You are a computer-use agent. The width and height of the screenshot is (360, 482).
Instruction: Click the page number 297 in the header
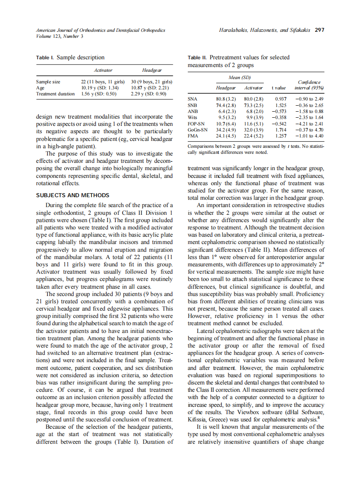click(319, 31)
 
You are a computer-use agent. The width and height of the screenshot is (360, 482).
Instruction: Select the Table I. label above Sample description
click(45, 58)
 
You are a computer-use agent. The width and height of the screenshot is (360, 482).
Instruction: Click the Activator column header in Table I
click(103, 70)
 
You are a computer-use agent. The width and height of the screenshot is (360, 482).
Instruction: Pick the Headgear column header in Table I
click(152, 70)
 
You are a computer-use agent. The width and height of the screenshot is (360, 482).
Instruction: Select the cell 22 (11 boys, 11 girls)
click(103, 82)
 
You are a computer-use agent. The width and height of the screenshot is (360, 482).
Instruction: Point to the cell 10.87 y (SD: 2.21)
click(150, 88)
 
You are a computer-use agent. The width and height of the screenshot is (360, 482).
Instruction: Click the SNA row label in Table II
click(193, 99)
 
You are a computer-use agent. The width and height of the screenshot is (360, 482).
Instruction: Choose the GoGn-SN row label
click(198, 130)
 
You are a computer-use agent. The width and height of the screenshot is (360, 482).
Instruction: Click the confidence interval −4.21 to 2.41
click(309, 124)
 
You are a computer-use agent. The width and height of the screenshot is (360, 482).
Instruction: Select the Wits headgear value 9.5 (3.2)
click(226, 117)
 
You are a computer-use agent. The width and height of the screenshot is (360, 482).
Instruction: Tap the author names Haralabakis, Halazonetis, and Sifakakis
click(265, 31)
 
